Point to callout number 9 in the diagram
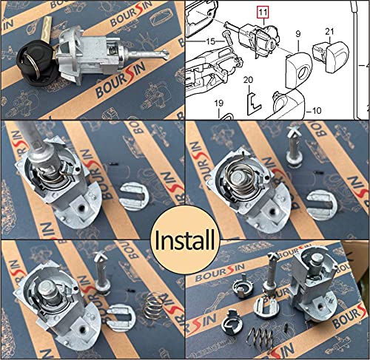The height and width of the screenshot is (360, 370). pos(298,33)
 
